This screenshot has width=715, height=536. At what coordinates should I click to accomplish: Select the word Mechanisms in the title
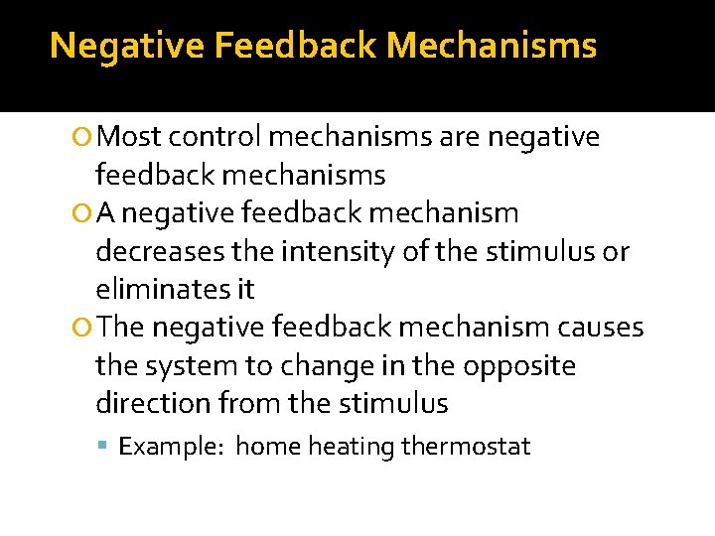[492, 45]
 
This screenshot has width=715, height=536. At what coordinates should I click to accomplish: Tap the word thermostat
[466, 447]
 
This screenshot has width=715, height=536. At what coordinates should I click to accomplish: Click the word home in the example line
[267, 447]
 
